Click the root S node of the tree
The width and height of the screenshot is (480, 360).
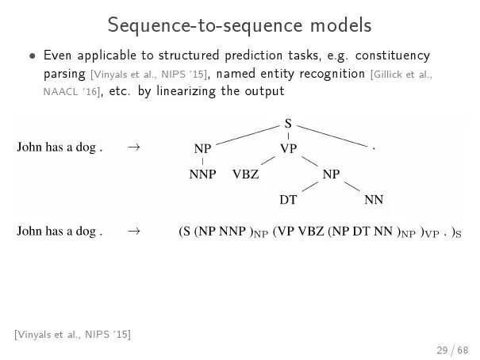tap(287, 123)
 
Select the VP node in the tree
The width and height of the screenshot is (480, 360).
tap(288, 148)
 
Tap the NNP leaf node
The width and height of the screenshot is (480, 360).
tap(202, 174)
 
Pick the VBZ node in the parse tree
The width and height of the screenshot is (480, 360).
tap(245, 174)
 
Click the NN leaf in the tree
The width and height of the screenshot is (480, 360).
tap(374, 200)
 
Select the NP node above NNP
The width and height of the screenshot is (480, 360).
tap(202, 148)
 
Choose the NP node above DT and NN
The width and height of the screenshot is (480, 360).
tap(331, 174)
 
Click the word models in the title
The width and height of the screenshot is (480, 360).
tap(335, 25)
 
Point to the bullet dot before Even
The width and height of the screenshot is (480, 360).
tap(33, 57)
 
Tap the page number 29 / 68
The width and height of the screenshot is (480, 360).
tap(452, 350)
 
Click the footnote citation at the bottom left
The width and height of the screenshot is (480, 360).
tap(72, 335)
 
